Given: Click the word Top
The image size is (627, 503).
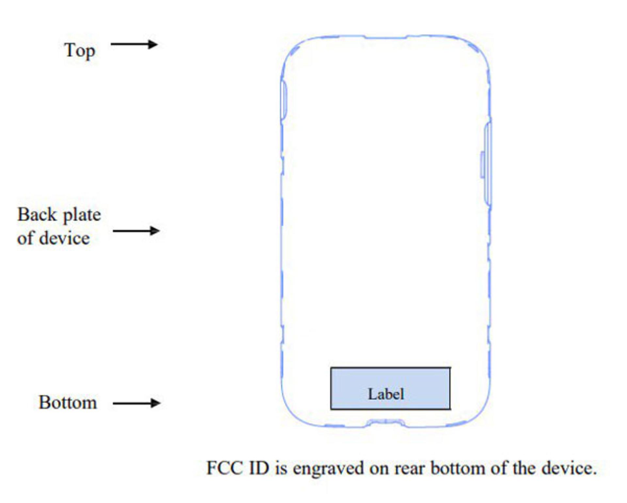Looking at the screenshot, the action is [80, 51].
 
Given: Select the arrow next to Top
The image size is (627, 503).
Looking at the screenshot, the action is [134, 44].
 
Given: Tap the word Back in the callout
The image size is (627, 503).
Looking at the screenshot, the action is [37, 215].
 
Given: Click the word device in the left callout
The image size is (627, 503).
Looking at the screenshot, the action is [64, 238].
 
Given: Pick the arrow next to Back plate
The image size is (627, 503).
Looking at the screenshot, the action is [136, 231].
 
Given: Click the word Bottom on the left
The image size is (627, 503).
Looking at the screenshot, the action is [68, 402].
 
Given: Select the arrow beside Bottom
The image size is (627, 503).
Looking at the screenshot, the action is [137, 403].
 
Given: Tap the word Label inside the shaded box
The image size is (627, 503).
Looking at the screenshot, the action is [386, 394].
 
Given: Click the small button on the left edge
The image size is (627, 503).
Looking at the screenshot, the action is [284, 100].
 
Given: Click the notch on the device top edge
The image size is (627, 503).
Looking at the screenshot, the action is [386, 37].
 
